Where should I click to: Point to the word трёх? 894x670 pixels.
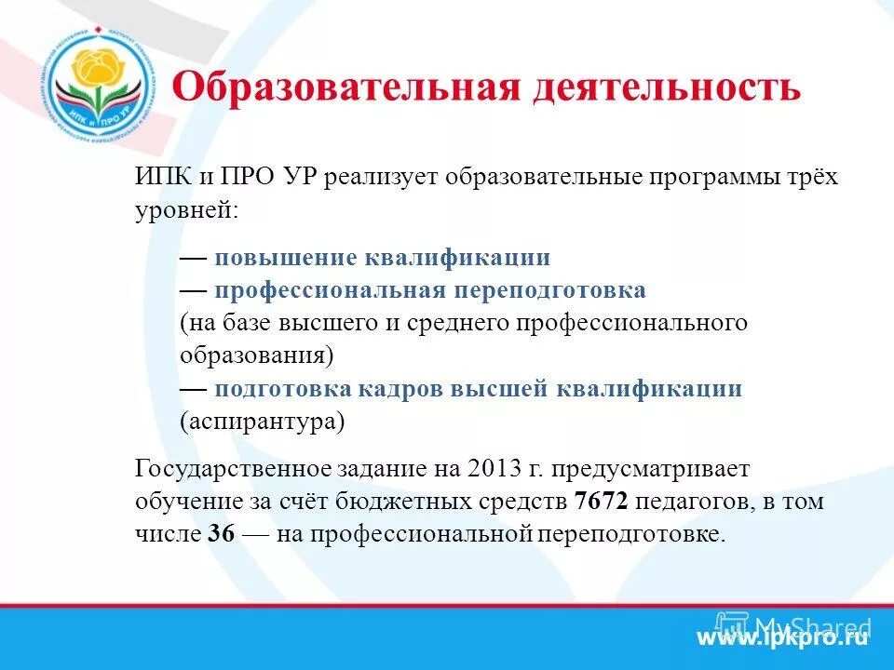click(x=808, y=178)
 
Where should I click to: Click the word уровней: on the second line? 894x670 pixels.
click(x=186, y=210)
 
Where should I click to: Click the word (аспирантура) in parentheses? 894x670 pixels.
click(x=262, y=422)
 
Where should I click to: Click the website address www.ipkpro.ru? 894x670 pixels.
click(x=782, y=638)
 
